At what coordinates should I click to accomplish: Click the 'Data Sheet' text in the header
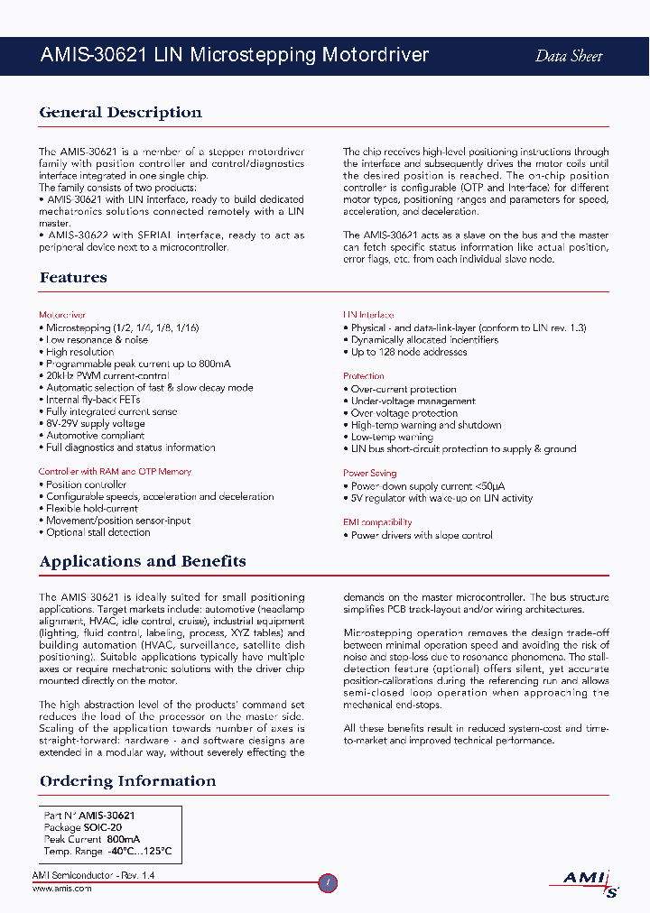[569, 56]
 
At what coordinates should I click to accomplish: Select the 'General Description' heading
[120, 113]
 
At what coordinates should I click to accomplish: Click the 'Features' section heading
[73, 278]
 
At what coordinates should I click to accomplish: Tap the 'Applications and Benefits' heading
[143, 561]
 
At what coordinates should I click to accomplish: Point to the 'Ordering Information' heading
[127, 781]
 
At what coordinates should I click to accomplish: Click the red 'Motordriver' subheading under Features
[62, 315]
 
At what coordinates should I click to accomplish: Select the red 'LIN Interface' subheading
[368, 315]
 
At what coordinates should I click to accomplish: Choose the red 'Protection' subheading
[364, 376]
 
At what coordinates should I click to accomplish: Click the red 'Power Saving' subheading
[369, 473]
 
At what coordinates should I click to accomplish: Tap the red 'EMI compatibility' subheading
[377, 522]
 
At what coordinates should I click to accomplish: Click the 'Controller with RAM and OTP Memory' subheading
[115, 471]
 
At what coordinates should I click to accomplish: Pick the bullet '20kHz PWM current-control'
[105, 375]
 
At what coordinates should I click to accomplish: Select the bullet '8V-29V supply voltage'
[93, 423]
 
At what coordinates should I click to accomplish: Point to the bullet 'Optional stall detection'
[96, 532]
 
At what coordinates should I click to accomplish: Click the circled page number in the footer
[329, 883]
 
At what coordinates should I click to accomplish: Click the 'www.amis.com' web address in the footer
[61, 889]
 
